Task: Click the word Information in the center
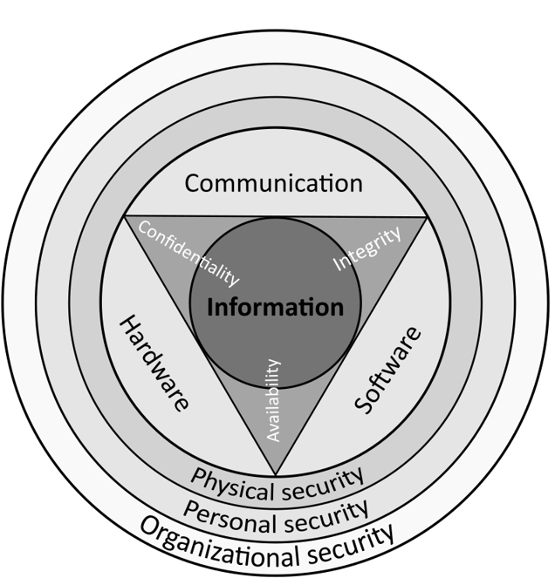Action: click(275, 308)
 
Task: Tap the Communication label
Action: click(273, 184)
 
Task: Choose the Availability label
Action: click(273, 399)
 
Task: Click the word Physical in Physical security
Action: click(230, 480)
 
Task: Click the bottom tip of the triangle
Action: click(276, 475)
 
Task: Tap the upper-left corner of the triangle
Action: click(125, 216)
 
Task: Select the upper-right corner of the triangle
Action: click(427, 217)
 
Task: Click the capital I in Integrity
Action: click(338, 268)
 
